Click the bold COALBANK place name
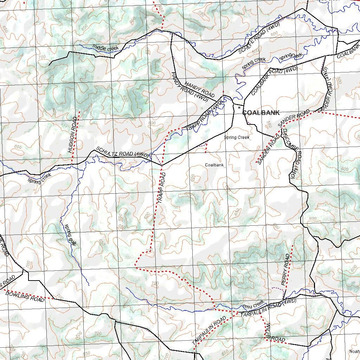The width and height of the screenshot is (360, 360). pyautogui.click(x=261, y=113)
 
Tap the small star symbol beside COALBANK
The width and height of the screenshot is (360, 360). pyautogui.click(x=239, y=108)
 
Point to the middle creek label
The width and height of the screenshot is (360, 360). pyautogui.click(x=105, y=47)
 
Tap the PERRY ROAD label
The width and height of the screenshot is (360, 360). pyautogui.click(x=286, y=269)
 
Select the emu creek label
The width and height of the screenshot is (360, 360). pyautogui.click(x=253, y=304)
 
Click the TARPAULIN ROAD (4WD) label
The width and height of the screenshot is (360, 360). pyautogui.click(x=269, y=308)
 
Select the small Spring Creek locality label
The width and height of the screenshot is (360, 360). pyautogui.click(x=237, y=137)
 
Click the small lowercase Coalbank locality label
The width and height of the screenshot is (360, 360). pyautogui.click(x=214, y=165)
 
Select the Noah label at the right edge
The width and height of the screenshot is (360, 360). pyautogui.click(x=354, y=351)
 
